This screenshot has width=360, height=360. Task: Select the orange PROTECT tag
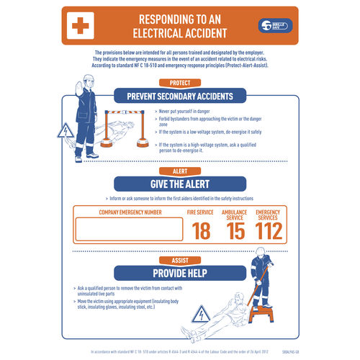[x=179, y=84]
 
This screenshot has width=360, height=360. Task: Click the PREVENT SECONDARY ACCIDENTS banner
[x=179, y=96]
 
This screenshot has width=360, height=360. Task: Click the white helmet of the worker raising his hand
[x=89, y=79]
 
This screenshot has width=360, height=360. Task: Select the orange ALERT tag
[x=179, y=171]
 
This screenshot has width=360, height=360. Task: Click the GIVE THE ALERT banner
[x=179, y=184]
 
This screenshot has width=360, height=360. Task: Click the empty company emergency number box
[x=130, y=229]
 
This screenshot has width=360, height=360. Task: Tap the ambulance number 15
[x=235, y=230]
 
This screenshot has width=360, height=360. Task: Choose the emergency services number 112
[x=268, y=230]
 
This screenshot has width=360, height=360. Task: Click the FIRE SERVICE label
[x=200, y=212]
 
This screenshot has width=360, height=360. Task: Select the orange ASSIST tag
[x=179, y=260]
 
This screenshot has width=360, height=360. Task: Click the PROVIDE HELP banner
[x=179, y=273]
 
